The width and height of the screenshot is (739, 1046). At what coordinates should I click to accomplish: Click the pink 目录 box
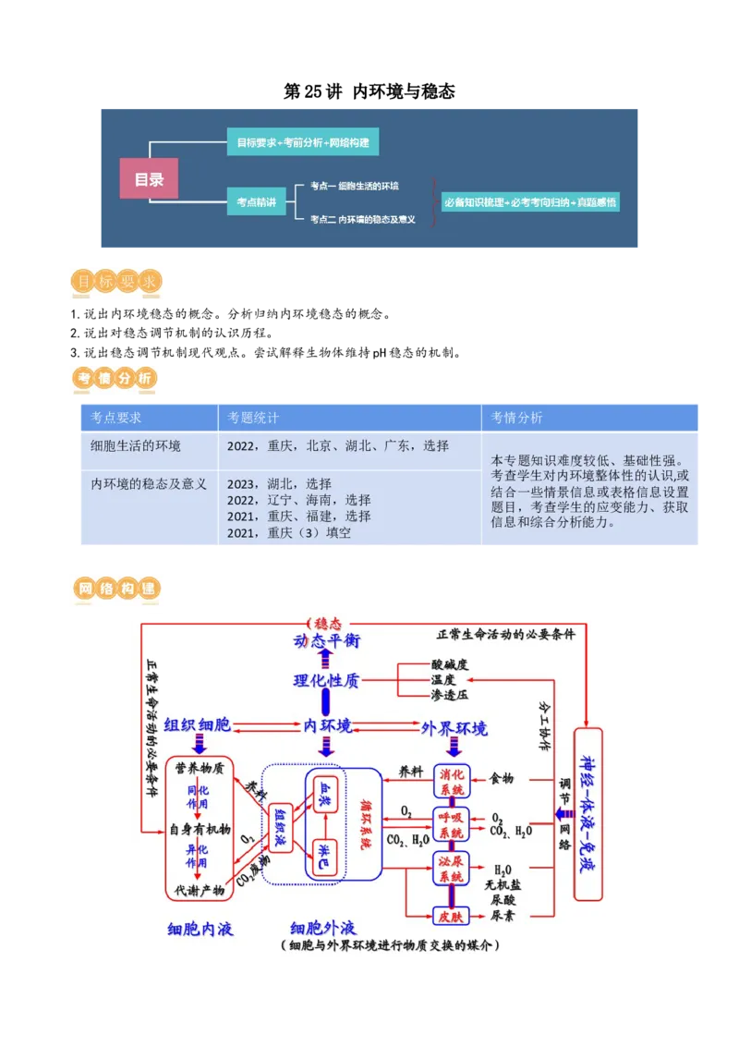point(149,179)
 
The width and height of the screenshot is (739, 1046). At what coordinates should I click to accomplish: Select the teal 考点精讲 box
point(255,201)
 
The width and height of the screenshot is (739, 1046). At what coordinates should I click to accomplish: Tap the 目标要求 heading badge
point(118,283)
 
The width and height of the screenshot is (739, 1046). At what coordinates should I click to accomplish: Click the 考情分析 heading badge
point(115,379)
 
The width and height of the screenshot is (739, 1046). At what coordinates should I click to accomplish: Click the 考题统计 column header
point(253,418)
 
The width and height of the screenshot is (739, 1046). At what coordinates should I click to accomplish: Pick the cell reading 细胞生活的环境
point(136,446)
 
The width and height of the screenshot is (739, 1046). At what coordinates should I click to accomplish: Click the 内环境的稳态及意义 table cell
point(149,483)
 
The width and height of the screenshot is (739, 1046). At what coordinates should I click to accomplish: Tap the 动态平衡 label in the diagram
point(326,641)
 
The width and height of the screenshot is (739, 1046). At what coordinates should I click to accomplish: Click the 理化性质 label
point(326,681)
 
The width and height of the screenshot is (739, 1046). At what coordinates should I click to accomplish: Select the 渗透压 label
point(450,694)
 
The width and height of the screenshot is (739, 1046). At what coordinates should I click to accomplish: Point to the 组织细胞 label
point(198,726)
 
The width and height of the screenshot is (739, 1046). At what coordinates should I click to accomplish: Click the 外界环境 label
point(454,728)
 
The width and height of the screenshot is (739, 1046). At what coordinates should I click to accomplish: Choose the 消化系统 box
point(452,782)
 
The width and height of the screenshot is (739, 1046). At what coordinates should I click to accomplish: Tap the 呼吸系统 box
point(452,825)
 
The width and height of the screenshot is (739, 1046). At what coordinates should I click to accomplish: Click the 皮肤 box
point(452,916)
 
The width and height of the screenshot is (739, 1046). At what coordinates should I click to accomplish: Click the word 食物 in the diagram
point(502,779)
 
